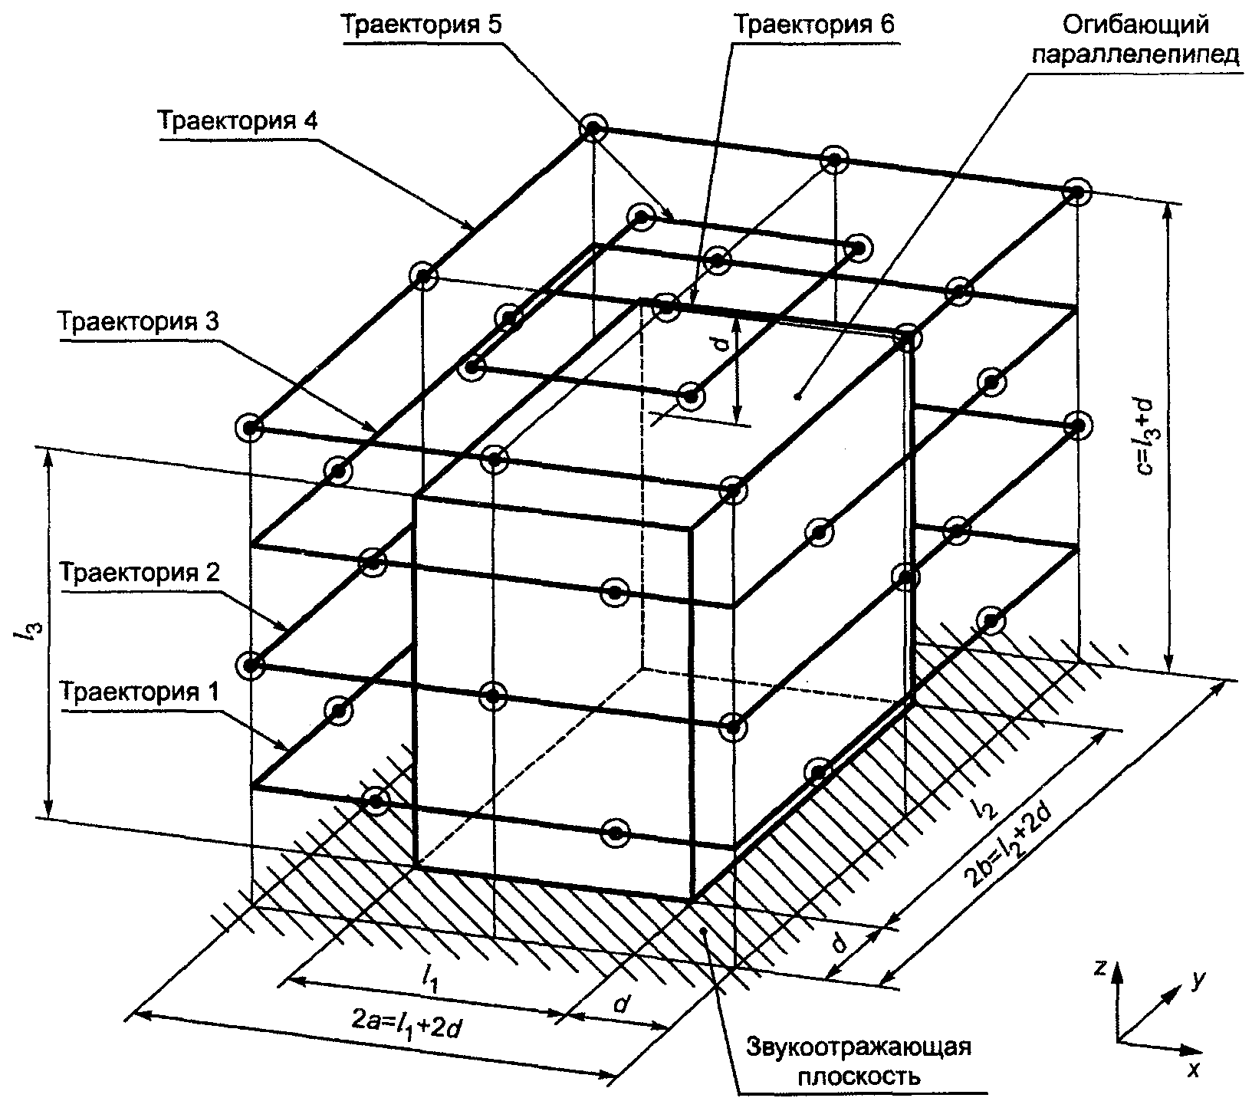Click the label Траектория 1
140,692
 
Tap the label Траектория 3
140,321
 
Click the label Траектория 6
814,25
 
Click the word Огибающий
1135,25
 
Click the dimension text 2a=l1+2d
406,1026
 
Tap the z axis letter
1100,968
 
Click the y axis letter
1198,979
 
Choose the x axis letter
1191,1070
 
